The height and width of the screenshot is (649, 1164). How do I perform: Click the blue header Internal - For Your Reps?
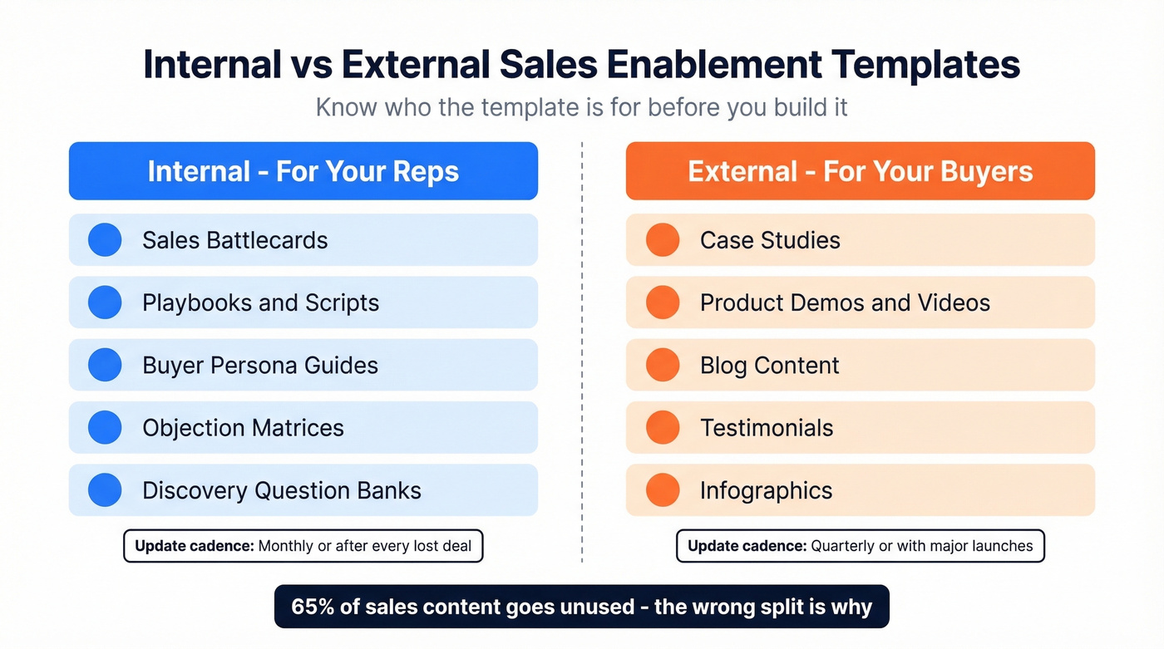[x=303, y=171]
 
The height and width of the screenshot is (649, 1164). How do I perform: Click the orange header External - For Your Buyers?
[x=860, y=171]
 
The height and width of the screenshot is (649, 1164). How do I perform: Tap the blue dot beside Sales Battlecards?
[x=105, y=240]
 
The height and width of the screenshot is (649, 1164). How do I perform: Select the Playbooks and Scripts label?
[x=260, y=302]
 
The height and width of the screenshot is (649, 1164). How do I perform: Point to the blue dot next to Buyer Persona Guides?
[x=105, y=365]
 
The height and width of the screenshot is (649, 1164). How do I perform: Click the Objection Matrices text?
[x=243, y=428]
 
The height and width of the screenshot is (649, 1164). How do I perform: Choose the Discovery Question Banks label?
[x=281, y=490]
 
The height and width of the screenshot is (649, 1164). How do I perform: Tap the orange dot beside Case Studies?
[x=663, y=240]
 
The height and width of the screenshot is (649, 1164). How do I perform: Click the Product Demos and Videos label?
[x=845, y=302]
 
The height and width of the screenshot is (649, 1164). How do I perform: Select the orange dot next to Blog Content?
[x=663, y=365]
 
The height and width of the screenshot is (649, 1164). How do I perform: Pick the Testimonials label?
[x=766, y=428]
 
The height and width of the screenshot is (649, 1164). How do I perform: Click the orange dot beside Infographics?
[x=663, y=490]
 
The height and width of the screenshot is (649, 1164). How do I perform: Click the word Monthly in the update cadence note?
[x=285, y=546]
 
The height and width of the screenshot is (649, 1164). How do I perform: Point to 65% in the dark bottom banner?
[x=312, y=607]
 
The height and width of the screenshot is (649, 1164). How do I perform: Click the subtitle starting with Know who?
[x=581, y=107]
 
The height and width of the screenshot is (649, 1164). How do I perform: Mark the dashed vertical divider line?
[x=582, y=349]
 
